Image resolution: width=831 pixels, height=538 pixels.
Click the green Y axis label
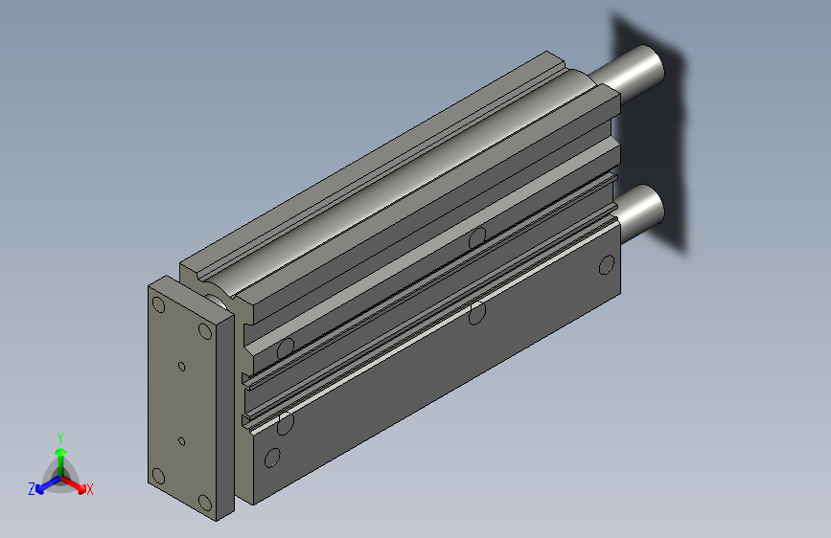[x=59, y=436]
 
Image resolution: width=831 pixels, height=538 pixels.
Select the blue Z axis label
[x=32, y=488]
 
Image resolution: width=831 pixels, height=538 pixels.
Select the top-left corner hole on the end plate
[x=159, y=305]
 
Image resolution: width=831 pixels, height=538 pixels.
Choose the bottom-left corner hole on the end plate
[x=158, y=476]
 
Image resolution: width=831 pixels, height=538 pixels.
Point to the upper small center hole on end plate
[x=181, y=365]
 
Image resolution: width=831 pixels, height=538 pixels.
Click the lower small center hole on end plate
[x=181, y=441]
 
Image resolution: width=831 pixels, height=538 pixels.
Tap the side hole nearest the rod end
[x=606, y=265]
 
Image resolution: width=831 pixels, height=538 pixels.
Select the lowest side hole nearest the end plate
[x=272, y=458]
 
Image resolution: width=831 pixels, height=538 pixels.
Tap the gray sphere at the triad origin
[x=60, y=476]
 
